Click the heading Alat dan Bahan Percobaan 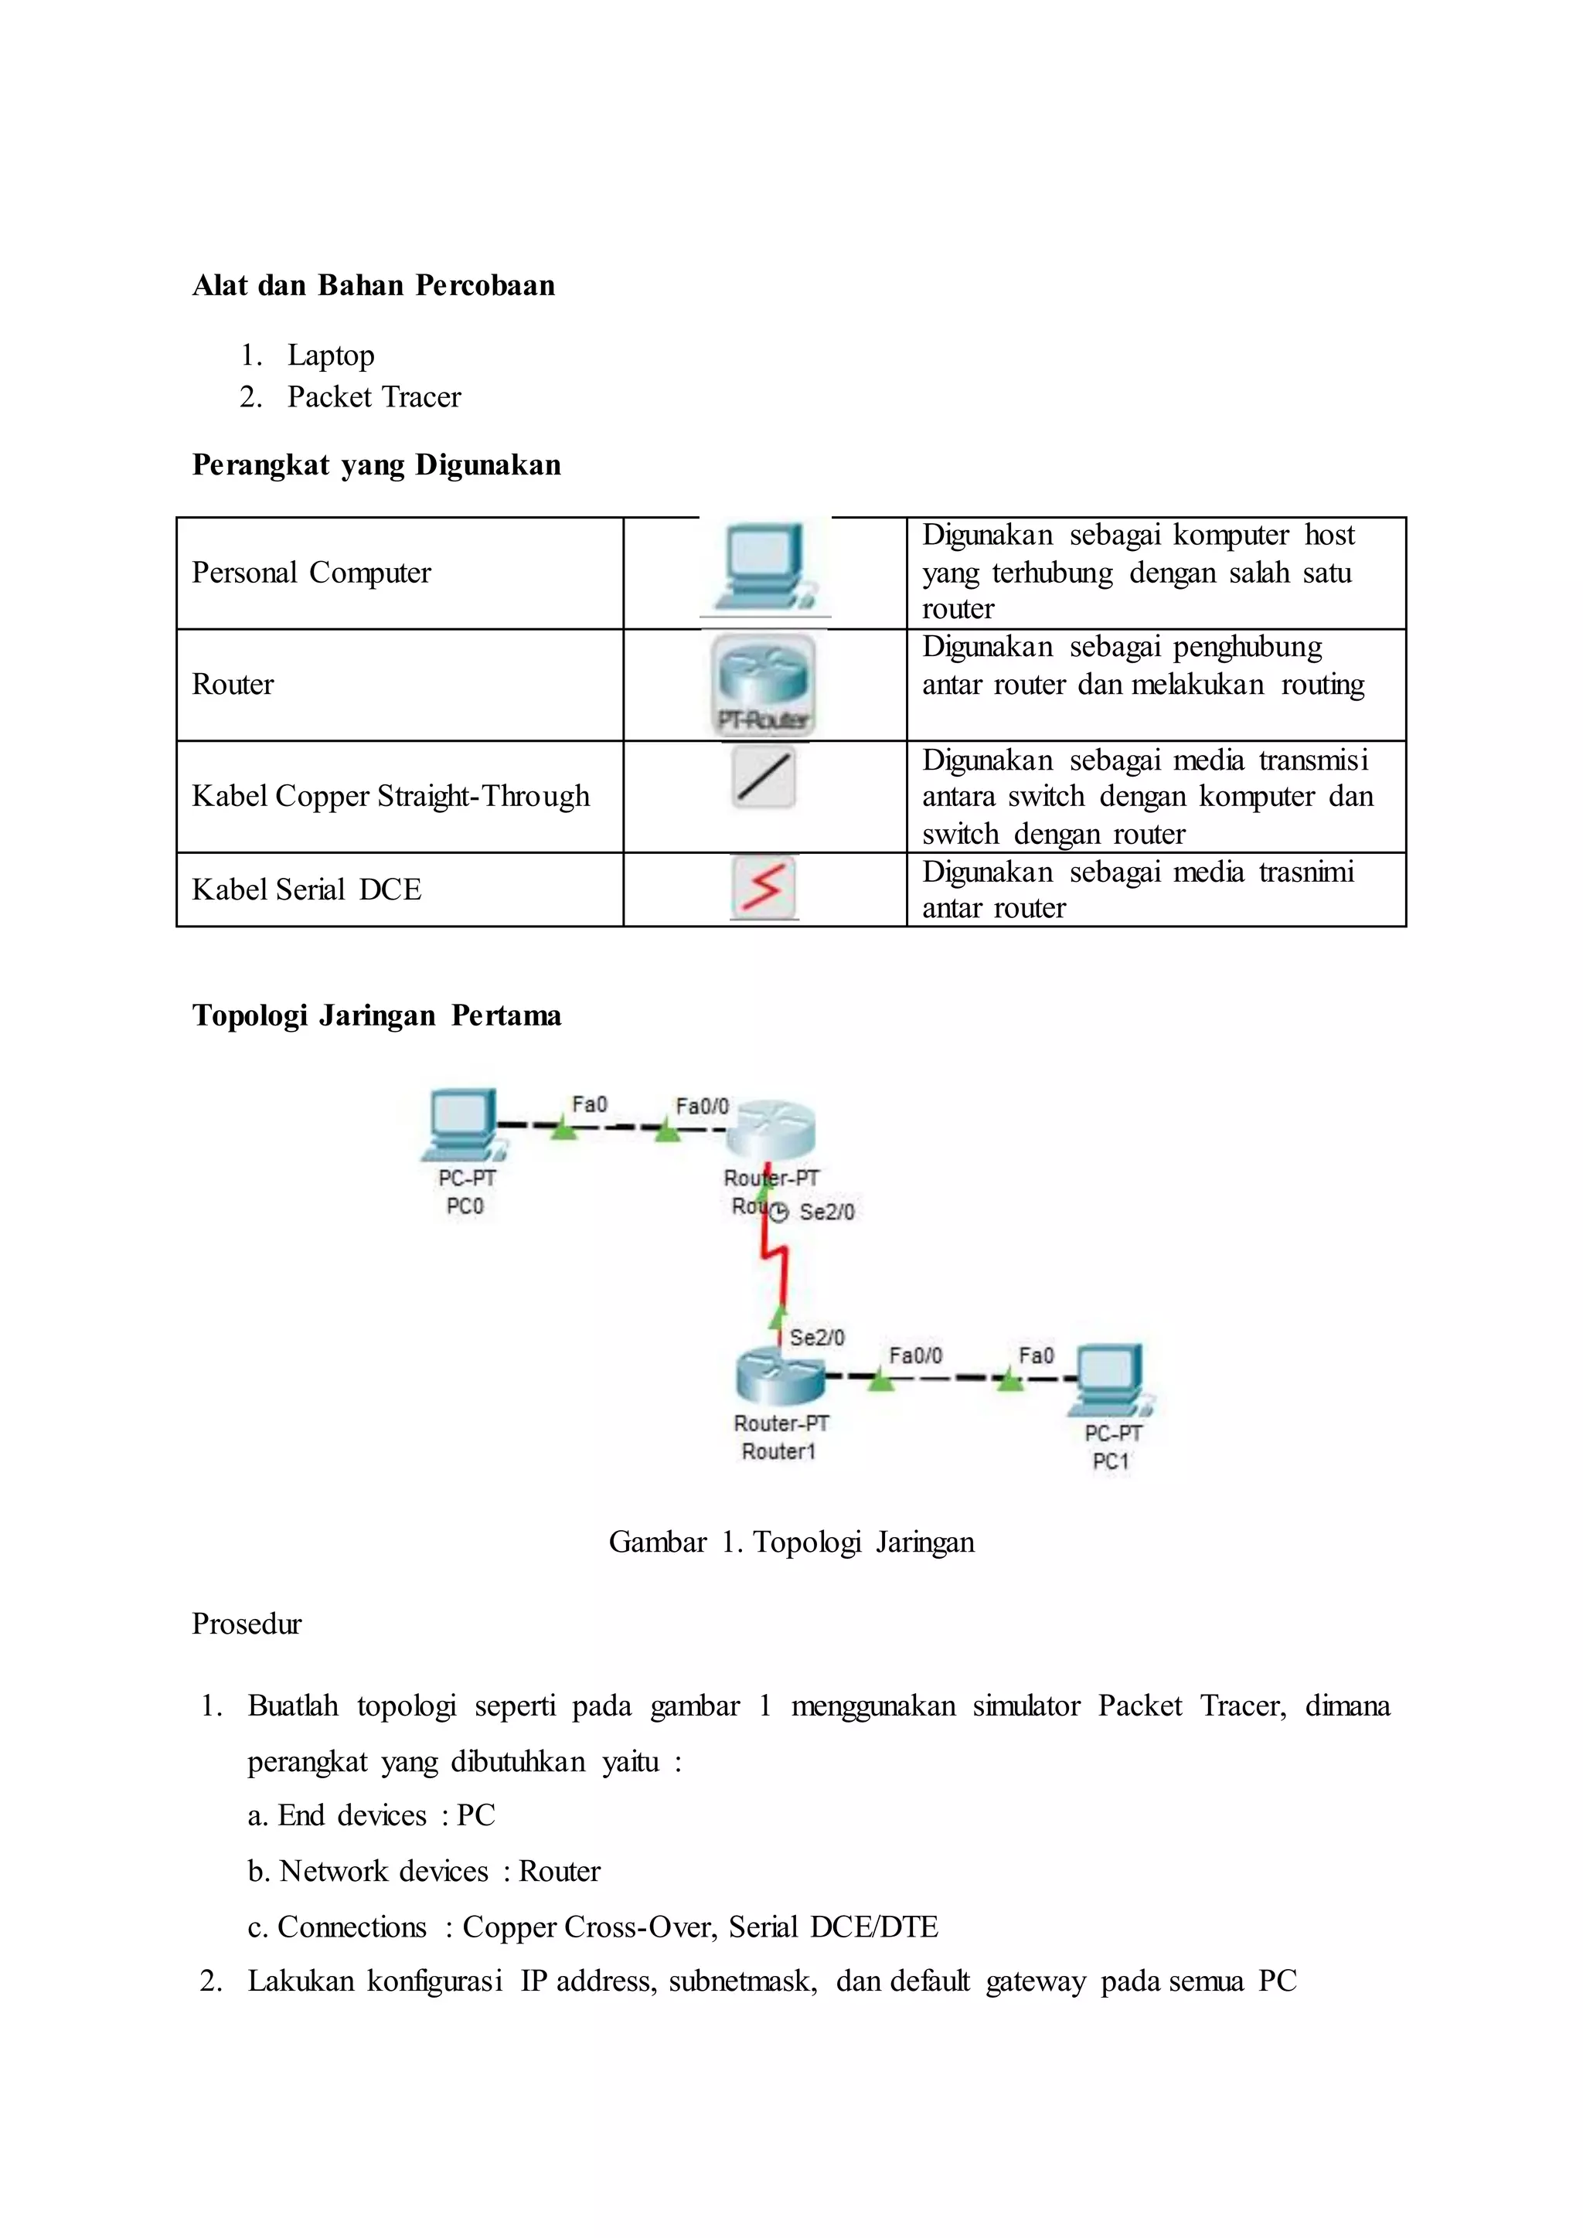[373, 286]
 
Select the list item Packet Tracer [373, 396]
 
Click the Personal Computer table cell [311, 573]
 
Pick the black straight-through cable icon [764, 777]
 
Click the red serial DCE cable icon [764, 887]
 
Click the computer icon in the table [764, 566]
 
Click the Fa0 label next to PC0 [589, 1104]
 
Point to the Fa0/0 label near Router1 [915, 1356]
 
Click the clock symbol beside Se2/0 [779, 1213]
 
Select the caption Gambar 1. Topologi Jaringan [791, 1542]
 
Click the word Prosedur [247, 1624]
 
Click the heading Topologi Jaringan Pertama [376, 1015]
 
